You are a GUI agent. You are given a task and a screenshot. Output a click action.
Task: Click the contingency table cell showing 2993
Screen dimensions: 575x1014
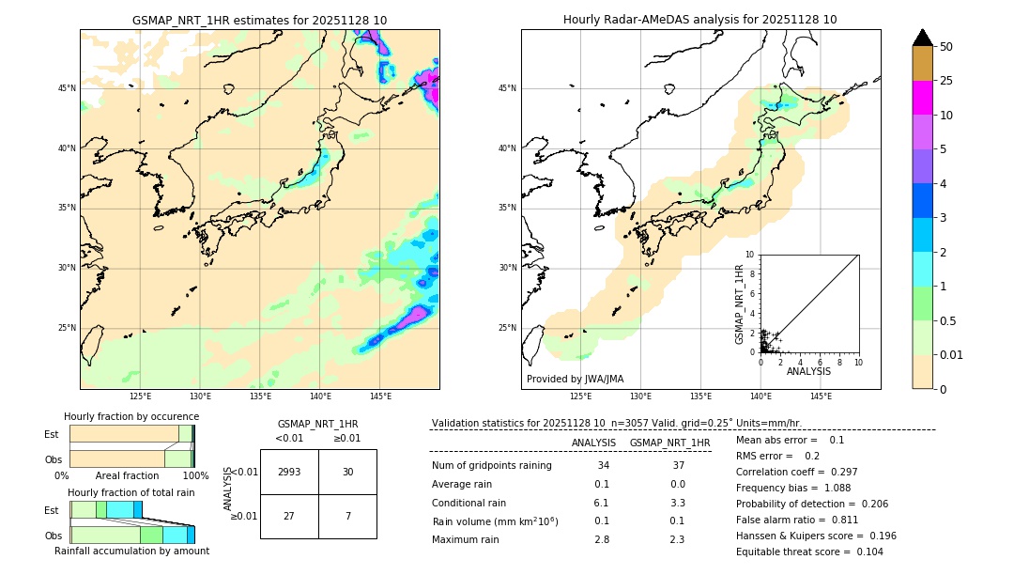[x=289, y=472]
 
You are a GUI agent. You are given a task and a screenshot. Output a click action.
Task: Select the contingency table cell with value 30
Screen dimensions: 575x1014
[x=347, y=472]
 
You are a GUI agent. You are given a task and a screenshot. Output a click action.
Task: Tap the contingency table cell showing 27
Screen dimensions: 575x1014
[x=289, y=517]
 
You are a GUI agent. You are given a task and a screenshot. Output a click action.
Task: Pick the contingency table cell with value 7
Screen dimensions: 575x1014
[x=347, y=517]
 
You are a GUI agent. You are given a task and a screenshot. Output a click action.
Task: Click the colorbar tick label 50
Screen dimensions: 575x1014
[x=946, y=47]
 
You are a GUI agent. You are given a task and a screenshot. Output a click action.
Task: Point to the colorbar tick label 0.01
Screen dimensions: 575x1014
[x=951, y=354]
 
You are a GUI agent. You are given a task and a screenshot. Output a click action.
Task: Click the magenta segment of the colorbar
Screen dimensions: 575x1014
[x=922, y=98]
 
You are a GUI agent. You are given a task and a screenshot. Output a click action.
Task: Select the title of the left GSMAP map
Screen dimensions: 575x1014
[x=259, y=20]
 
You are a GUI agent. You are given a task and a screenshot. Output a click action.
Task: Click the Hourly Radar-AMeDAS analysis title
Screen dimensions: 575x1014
[x=700, y=20]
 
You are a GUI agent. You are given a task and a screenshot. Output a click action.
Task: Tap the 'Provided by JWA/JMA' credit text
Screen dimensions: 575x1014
[x=575, y=379]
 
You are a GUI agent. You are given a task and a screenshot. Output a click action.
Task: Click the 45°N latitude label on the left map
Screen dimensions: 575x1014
[x=67, y=88]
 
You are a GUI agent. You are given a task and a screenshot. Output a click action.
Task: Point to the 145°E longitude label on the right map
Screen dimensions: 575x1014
[x=821, y=396]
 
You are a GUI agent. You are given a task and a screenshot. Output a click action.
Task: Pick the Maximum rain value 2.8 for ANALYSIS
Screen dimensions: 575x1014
[x=602, y=539]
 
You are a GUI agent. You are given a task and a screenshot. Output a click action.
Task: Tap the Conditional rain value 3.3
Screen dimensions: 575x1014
[x=677, y=503]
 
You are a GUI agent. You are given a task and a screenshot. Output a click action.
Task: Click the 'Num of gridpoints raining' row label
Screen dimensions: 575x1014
[x=491, y=466]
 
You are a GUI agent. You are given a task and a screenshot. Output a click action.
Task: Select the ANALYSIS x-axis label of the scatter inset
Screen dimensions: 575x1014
[x=808, y=372]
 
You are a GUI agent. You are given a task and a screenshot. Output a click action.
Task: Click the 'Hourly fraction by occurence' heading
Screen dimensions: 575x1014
[x=131, y=416]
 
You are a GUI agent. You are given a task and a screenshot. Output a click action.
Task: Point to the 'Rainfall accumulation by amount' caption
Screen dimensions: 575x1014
[x=131, y=551]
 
